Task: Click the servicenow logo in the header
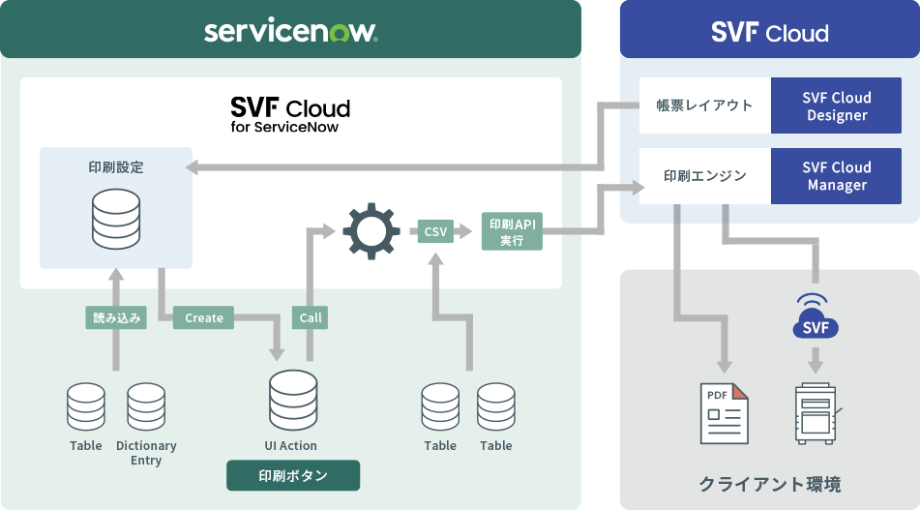(290, 32)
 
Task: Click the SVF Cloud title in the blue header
(769, 33)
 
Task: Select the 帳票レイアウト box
(704, 105)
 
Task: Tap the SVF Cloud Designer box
(837, 106)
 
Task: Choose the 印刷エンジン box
(704, 176)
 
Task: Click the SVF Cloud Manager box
(837, 176)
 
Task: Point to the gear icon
(371, 230)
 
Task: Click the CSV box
(436, 231)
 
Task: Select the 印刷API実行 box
(512, 231)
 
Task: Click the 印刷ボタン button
(292, 475)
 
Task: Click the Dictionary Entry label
(146, 453)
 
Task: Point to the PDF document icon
(725, 413)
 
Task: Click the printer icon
(816, 413)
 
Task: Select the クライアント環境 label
(769, 483)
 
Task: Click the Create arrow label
(204, 317)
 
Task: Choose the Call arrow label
(311, 317)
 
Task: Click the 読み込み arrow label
(116, 317)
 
